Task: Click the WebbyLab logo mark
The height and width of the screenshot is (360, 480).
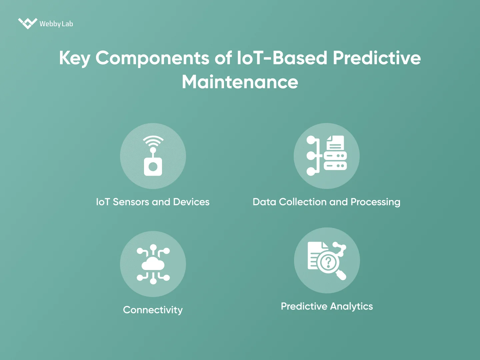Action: [27, 23]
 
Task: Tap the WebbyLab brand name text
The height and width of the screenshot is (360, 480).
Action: [56, 24]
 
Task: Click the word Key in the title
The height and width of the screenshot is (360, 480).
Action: [74, 58]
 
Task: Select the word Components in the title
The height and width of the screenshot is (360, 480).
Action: [152, 58]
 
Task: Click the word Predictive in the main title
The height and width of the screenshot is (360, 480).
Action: [377, 58]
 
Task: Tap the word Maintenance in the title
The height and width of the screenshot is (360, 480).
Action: [240, 82]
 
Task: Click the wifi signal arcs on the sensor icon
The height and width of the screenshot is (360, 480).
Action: [153, 141]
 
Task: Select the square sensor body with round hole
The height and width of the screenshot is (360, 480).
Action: [153, 167]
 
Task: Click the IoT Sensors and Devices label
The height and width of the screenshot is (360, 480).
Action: [153, 202]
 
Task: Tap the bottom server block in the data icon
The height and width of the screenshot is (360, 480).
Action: [335, 166]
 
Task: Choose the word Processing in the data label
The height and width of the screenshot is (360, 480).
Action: [375, 202]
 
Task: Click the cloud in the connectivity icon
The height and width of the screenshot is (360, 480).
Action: [153, 264]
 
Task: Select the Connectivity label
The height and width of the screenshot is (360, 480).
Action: [153, 310]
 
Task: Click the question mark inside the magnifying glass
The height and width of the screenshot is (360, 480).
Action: [328, 262]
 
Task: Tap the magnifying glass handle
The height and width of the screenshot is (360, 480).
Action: [341, 275]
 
